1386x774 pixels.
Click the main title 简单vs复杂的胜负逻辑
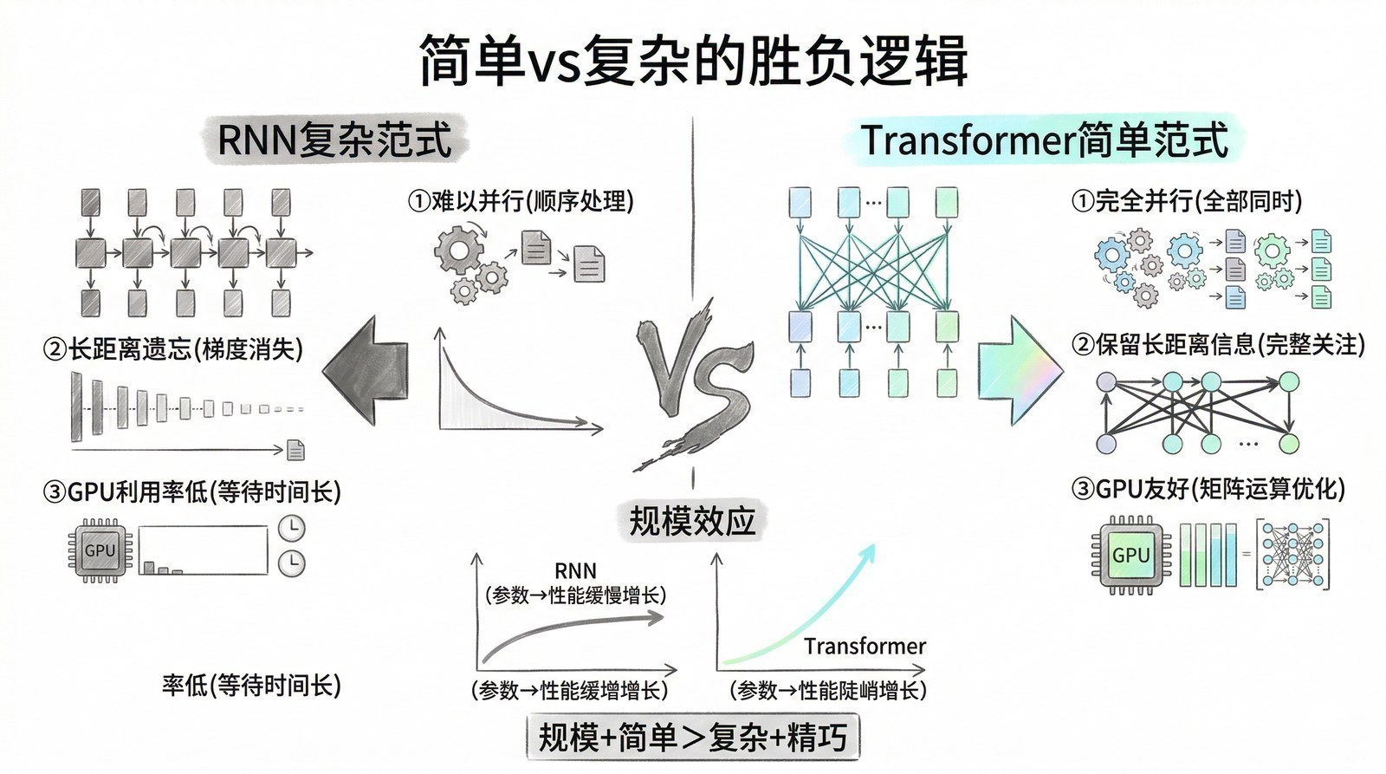(x=693, y=61)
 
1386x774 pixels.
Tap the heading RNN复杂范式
(x=334, y=140)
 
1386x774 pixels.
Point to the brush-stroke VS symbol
(x=693, y=381)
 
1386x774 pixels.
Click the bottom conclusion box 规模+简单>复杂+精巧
(x=692, y=738)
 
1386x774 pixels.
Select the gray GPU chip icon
(x=100, y=550)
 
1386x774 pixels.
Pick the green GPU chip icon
(x=1130, y=555)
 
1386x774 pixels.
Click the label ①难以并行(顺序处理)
(x=521, y=201)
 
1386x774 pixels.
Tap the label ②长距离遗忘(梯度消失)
(x=173, y=349)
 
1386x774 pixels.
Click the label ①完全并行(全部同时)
(x=1187, y=201)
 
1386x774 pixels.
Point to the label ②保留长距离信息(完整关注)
(x=1218, y=345)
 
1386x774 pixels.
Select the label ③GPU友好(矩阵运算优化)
(x=1208, y=489)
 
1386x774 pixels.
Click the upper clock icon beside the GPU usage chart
(x=292, y=528)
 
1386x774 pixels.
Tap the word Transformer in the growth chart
(x=865, y=646)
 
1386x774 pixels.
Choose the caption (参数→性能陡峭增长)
(x=828, y=690)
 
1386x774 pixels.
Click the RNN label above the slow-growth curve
(x=575, y=570)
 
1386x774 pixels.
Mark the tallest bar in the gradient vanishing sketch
(x=76, y=407)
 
